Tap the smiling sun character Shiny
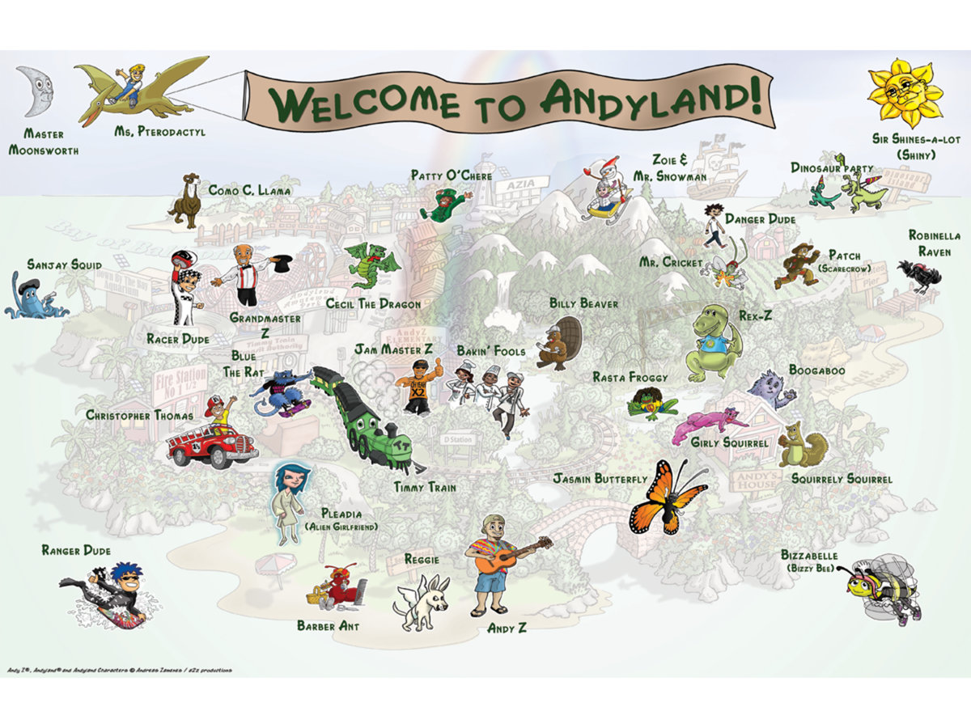click(903, 93)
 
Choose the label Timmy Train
click(425, 488)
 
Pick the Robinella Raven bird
click(920, 275)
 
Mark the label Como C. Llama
click(249, 191)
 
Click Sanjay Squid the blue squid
click(32, 296)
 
